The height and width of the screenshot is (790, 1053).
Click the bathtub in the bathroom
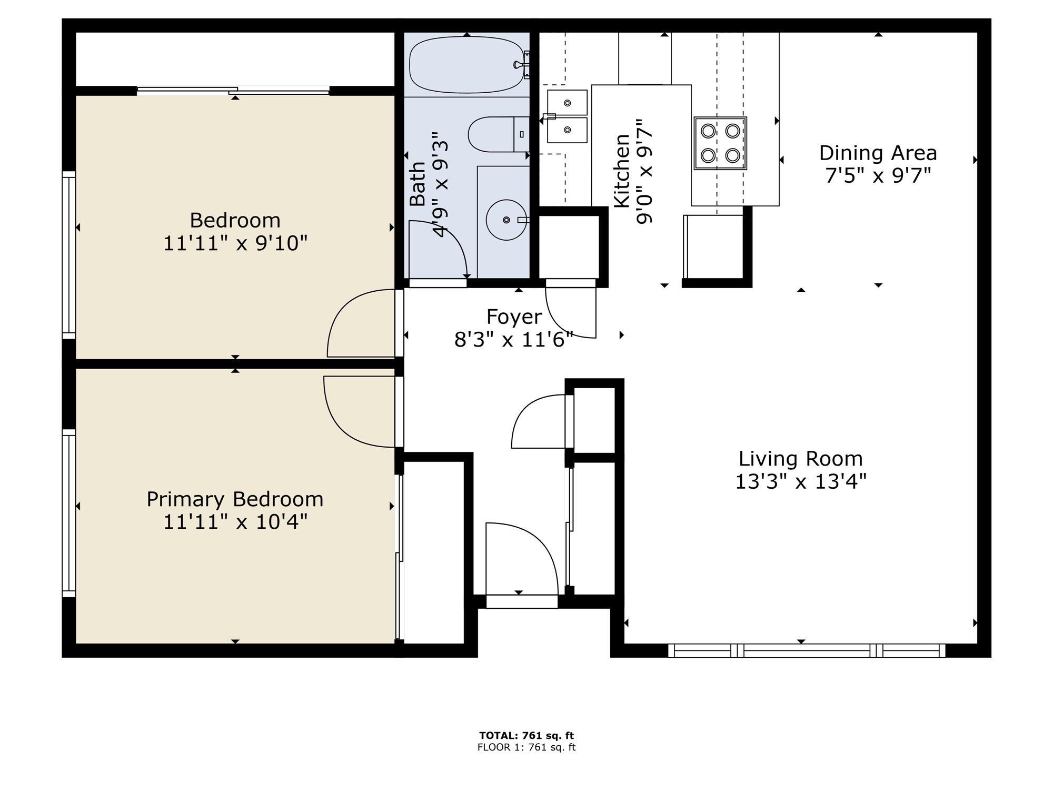pyautogui.click(x=467, y=65)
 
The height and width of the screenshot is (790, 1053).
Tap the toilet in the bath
pyautogui.click(x=499, y=134)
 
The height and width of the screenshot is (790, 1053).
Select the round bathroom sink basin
pyautogui.click(x=506, y=220)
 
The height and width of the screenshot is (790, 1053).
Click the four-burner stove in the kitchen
pyautogui.click(x=720, y=143)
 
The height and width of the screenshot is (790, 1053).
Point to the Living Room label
pyautogui.click(x=800, y=459)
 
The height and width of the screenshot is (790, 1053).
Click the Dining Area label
pyautogui.click(x=878, y=153)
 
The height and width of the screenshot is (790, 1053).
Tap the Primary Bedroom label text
pyautogui.click(x=235, y=499)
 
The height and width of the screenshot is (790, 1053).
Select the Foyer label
pyautogui.click(x=514, y=317)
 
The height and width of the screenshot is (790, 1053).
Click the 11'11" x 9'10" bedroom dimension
pyautogui.click(x=235, y=243)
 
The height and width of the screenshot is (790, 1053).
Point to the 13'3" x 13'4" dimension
pyautogui.click(x=800, y=481)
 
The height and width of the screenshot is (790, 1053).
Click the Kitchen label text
pyautogui.click(x=622, y=171)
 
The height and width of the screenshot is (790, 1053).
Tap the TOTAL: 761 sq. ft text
pyautogui.click(x=526, y=736)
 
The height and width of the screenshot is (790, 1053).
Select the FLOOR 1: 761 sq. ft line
pyautogui.click(x=526, y=747)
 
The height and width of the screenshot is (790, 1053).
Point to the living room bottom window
pyautogui.click(x=807, y=650)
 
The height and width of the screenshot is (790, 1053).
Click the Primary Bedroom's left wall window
pyautogui.click(x=69, y=513)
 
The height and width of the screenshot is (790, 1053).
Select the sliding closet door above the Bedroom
pyautogui.click(x=233, y=91)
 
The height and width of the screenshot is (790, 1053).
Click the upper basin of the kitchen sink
pyautogui.click(x=567, y=103)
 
